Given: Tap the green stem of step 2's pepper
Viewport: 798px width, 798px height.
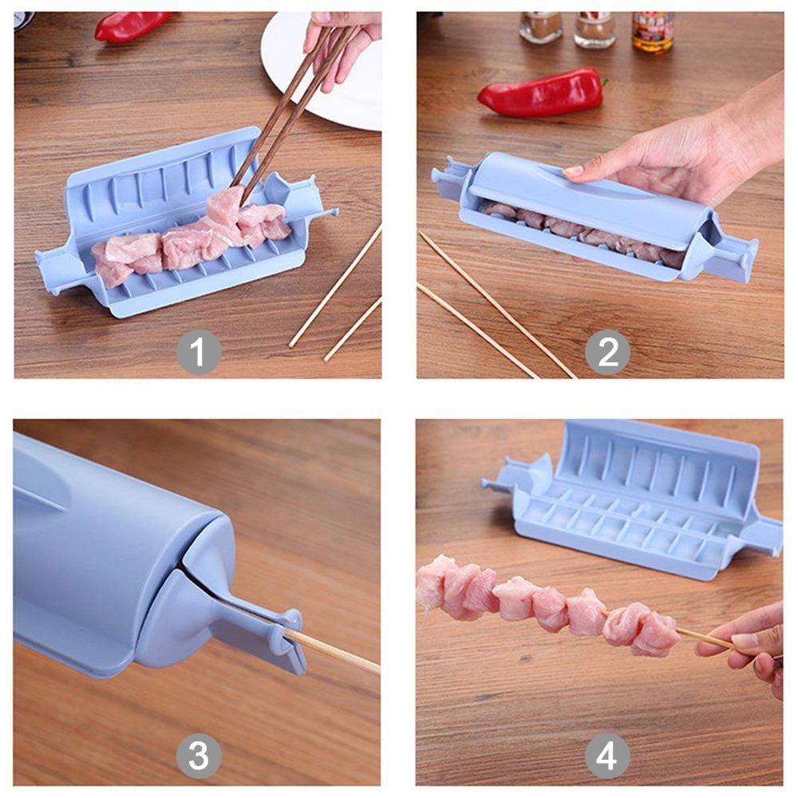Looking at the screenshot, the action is (604, 82).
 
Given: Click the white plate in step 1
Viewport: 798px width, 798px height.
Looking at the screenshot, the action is (326, 71).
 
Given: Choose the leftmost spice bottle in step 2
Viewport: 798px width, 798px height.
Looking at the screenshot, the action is (540, 27).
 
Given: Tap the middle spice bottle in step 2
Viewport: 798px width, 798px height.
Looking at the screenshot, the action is (595, 30).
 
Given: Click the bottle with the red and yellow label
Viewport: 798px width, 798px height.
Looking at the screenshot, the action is (653, 32).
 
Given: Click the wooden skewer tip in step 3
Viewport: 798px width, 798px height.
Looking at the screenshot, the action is (379, 671).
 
